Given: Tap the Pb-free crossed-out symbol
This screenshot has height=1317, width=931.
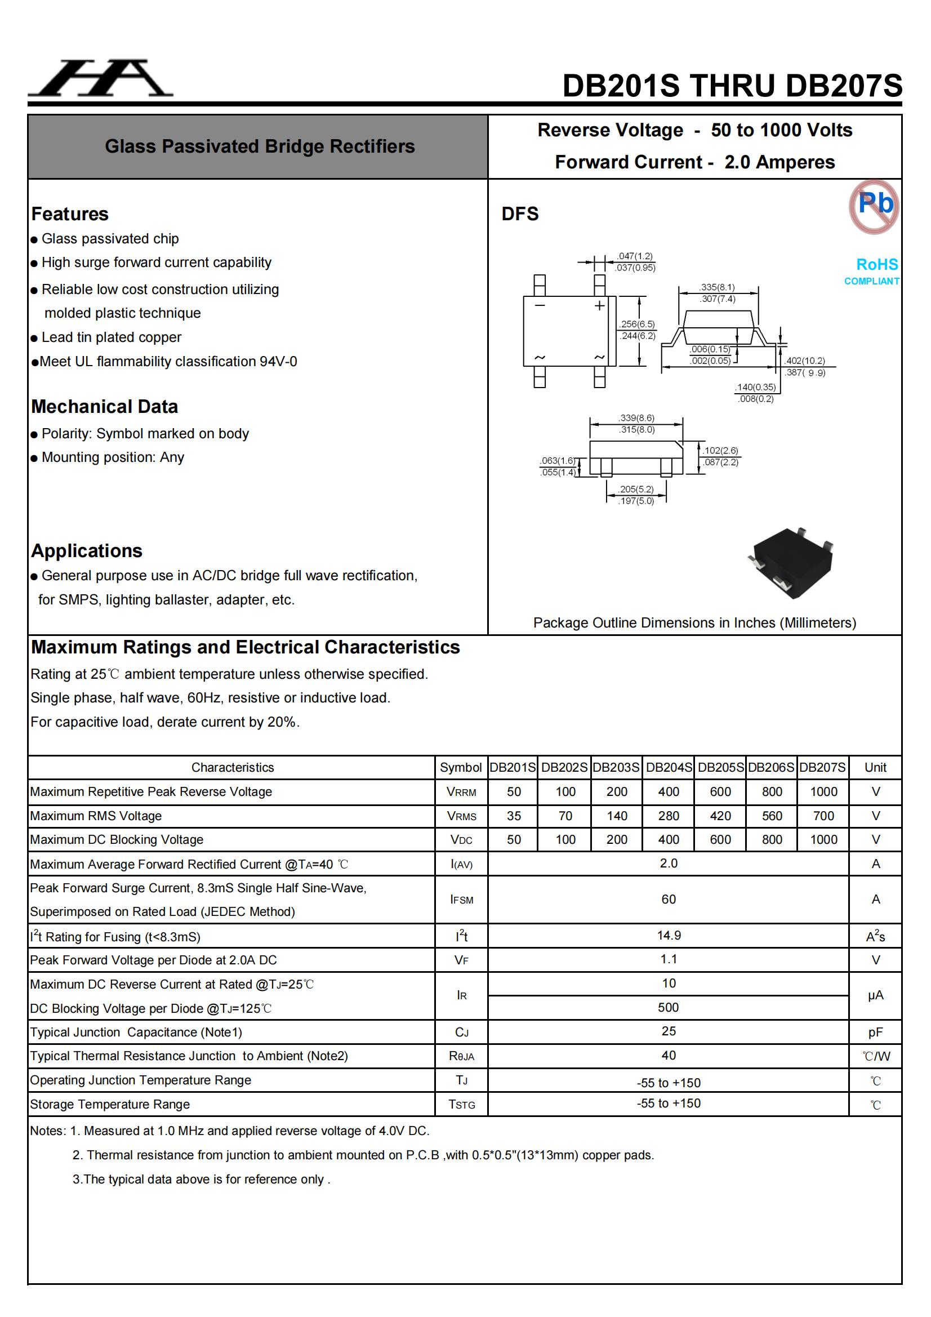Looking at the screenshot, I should click(874, 207).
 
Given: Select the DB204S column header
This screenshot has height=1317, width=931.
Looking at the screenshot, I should click(669, 767).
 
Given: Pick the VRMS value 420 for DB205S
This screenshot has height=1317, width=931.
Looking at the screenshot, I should click(720, 816).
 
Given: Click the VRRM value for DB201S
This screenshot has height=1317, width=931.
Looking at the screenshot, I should click(514, 791).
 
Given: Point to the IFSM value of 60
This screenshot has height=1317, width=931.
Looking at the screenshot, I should click(669, 899).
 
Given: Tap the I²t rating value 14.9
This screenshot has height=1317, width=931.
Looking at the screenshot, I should click(669, 936).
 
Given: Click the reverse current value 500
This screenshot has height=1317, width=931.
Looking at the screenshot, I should click(669, 1007).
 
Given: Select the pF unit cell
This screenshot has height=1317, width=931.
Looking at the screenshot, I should click(875, 1032).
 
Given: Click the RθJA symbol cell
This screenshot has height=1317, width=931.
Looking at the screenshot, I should click(461, 1056).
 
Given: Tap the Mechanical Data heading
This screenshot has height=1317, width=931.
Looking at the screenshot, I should click(104, 406).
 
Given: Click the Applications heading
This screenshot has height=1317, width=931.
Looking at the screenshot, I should click(87, 551).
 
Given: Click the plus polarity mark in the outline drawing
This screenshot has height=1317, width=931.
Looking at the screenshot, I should click(599, 306).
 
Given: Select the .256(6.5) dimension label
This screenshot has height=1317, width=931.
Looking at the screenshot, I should click(637, 324).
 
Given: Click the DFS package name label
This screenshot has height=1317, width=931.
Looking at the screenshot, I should click(520, 214).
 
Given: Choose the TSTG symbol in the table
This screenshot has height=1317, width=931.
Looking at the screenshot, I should click(461, 1104).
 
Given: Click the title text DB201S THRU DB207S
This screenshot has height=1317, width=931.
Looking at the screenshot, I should click(732, 86).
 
